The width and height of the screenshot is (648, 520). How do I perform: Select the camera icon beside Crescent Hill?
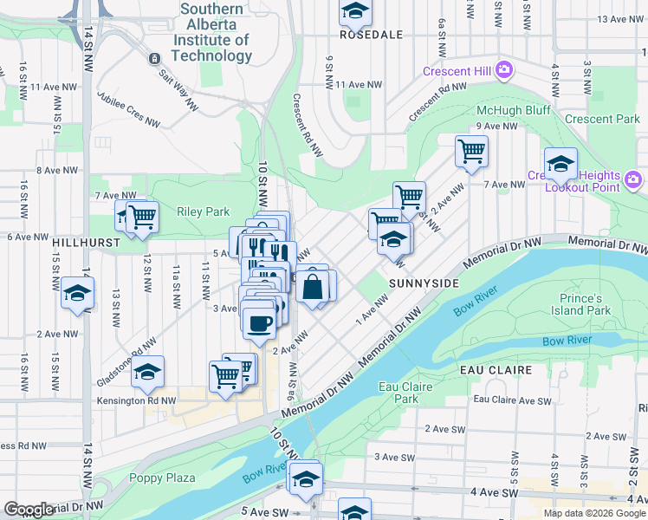point(503,71)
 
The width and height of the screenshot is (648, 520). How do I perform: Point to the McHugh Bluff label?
point(514,110)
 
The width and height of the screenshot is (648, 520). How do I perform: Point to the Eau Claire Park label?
point(399,393)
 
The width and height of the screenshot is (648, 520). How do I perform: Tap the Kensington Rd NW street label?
point(138,401)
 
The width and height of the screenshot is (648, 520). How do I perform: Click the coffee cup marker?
point(259,324)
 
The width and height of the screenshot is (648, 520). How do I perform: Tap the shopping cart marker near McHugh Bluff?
point(471,151)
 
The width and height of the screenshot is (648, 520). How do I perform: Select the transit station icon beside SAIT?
point(153,58)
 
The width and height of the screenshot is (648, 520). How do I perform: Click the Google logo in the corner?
point(29,510)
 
